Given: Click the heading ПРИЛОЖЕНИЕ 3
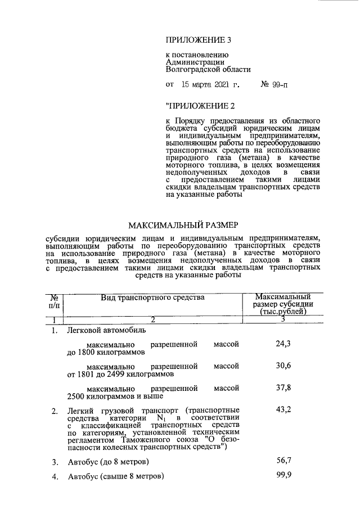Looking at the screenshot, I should coord(199,39).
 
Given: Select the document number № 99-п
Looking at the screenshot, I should coord(278,85).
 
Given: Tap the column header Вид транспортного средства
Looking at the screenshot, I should coord(152,297).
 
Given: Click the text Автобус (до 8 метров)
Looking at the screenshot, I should coord(109,462).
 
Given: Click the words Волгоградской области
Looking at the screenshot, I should coord(208,70).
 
